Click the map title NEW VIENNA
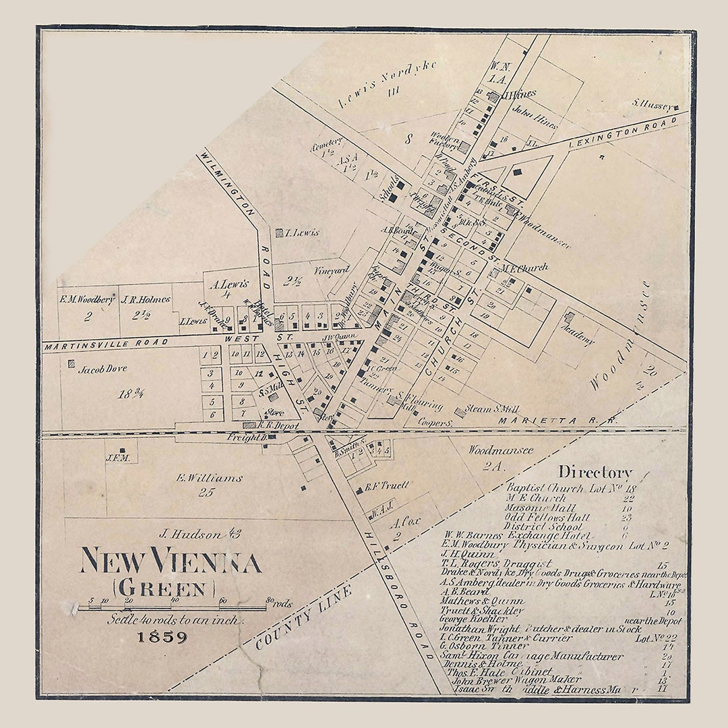click(x=171, y=561)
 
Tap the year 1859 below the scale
click(x=162, y=636)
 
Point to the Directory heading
click(x=595, y=473)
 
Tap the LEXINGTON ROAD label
click(x=621, y=133)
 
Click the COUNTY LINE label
click(x=303, y=618)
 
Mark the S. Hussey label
click(x=649, y=103)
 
